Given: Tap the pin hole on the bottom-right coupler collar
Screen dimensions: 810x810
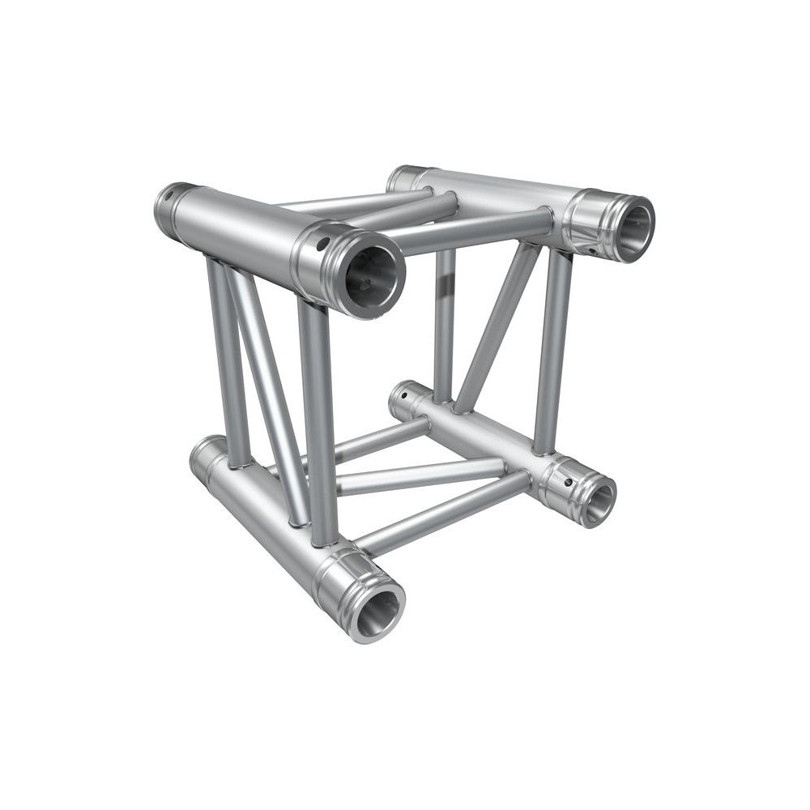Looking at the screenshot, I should tap(568, 483).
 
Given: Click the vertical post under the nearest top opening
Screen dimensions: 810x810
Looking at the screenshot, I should tap(320, 421).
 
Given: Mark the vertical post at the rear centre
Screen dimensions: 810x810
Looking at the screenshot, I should tap(444, 324).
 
